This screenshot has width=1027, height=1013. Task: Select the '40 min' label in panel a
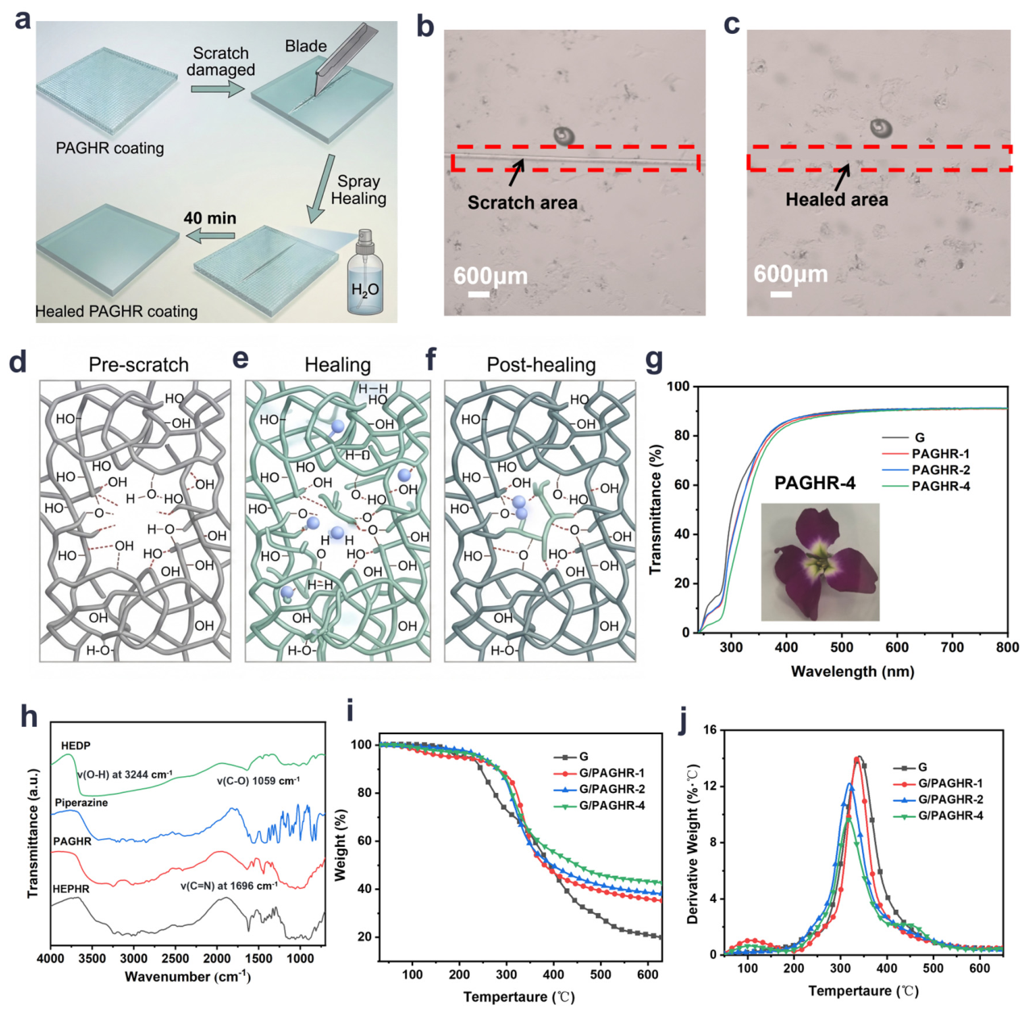coord(210,218)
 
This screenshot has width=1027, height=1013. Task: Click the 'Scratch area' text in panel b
coord(522,203)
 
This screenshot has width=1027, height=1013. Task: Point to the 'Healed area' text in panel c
coord(837,200)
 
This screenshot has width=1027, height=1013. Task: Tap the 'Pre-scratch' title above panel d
coord(139,365)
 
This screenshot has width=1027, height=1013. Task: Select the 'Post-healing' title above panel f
coord(541,365)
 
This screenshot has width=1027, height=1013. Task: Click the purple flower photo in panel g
coord(820,562)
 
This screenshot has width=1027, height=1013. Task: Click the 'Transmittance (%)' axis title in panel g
coord(656,509)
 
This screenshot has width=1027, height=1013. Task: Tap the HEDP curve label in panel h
coord(76,745)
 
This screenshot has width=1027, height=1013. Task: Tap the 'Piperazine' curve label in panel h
coord(81,803)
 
